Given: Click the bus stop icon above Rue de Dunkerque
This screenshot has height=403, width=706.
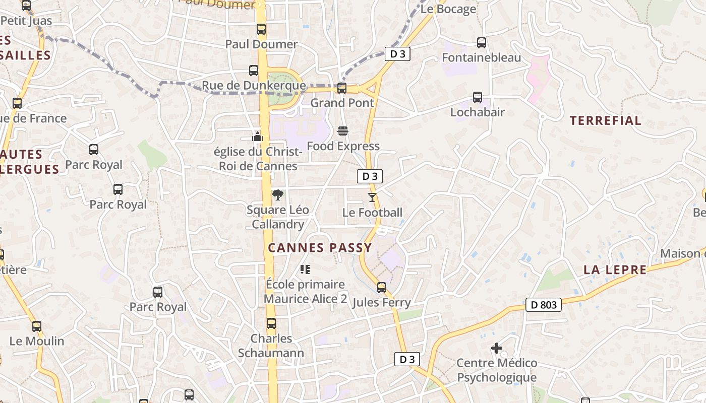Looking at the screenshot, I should (254, 71).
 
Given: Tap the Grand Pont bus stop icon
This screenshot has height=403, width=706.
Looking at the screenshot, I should (342, 88).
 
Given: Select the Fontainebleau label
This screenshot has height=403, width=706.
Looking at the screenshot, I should (481, 58).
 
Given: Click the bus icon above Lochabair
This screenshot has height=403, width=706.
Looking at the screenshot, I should (478, 97).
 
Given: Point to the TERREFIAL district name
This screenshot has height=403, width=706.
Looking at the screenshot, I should (605, 120).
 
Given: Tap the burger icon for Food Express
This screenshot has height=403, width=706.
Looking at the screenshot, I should (343, 131).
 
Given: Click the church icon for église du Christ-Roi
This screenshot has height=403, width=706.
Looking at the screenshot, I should (258, 137).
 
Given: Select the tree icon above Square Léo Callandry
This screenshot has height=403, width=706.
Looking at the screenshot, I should (277, 195).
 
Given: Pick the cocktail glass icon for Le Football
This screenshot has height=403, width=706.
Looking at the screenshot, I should (372, 197).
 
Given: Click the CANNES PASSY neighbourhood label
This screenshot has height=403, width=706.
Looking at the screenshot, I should (320, 248).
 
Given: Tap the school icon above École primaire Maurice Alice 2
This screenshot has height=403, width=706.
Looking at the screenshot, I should (305, 270).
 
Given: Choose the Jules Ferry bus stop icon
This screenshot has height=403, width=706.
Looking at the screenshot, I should (382, 288).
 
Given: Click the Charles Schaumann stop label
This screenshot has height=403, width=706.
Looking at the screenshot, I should (271, 346).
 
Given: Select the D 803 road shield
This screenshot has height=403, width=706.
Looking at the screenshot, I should (543, 304).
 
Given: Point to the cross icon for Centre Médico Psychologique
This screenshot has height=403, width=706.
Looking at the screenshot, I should (497, 348).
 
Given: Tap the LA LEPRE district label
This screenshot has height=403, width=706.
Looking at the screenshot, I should (615, 270).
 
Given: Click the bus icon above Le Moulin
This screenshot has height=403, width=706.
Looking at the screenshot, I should (37, 326).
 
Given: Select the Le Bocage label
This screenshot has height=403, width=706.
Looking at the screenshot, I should (448, 9).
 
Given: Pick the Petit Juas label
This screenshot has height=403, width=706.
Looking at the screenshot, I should (27, 21).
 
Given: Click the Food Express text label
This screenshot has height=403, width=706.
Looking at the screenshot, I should (343, 147).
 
